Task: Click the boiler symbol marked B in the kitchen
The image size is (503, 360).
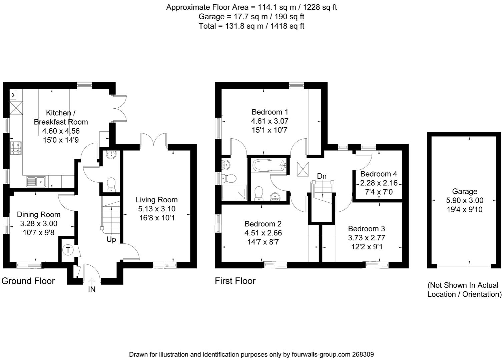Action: point(13,95)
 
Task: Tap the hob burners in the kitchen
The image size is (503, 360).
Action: point(16,148)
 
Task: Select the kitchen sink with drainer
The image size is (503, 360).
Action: point(36,182)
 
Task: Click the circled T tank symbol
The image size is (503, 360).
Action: point(68,250)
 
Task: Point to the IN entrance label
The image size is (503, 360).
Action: point(91,289)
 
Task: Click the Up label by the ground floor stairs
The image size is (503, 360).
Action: point(111,239)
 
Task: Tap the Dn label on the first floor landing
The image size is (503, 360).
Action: point(322,176)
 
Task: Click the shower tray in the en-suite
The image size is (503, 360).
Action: point(234,193)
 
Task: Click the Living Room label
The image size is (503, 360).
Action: point(156,200)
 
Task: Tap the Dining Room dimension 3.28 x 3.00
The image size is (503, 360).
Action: point(38,223)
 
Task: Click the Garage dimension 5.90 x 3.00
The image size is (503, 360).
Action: point(465,200)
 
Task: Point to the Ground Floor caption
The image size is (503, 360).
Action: point(28,281)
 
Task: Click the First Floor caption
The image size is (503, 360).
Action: point(235,281)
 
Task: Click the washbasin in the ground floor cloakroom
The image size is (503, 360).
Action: point(111,155)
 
